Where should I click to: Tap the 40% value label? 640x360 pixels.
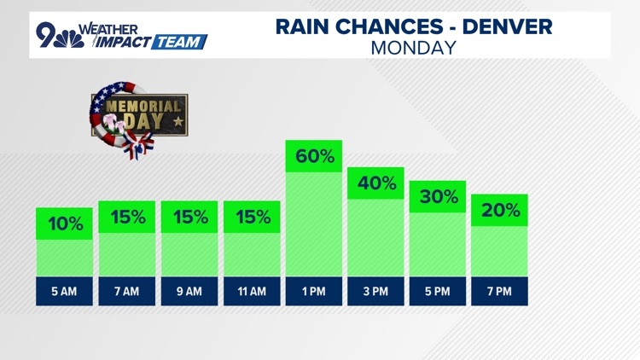(x=375, y=183)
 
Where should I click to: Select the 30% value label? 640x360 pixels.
(x=438, y=197)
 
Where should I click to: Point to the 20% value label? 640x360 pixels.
(x=500, y=210)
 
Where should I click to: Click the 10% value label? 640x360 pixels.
(x=64, y=224)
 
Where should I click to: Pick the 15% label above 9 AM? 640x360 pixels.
(x=189, y=217)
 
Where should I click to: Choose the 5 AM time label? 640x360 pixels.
(x=64, y=292)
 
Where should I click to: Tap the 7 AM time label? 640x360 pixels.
(x=126, y=292)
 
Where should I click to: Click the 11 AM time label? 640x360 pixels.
(x=251, y=292)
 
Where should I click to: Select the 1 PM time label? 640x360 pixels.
(x=313, y=292)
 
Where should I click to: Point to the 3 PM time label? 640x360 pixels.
(x=375, y=292)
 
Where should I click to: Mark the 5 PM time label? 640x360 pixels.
(x=438, y=292)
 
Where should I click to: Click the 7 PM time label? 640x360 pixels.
(x=500, y=292)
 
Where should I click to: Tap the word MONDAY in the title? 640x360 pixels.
(x=414, y=48)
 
